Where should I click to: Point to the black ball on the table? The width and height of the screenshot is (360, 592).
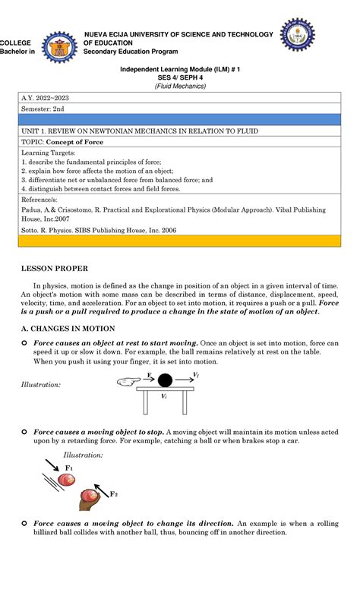point(164,380)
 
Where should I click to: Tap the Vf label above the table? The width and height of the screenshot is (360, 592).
point(196,375)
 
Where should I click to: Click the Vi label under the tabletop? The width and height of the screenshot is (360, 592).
point(163,396)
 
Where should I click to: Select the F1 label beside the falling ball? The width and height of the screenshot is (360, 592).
point(69,468)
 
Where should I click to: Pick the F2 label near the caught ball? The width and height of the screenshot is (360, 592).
point(114,494)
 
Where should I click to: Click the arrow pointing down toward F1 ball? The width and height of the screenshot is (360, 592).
point(53,464)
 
